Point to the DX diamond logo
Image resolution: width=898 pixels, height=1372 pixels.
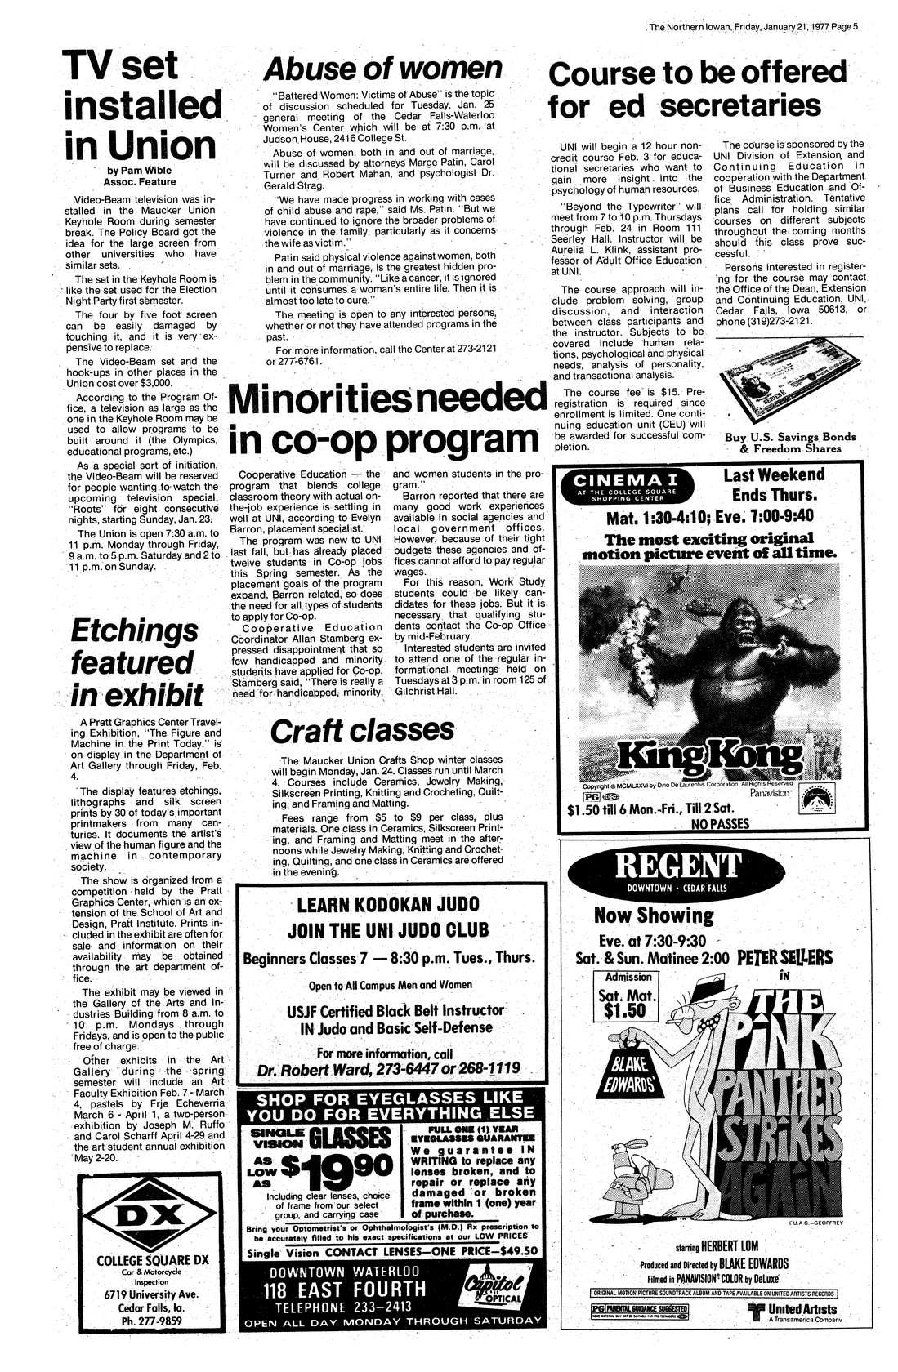coord(150,1218)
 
